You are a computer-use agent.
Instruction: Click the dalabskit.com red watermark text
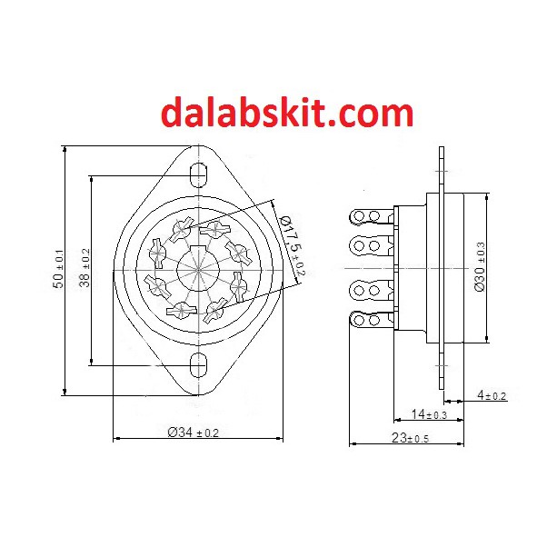(287, 114)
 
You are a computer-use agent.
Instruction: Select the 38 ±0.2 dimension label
(85, 270)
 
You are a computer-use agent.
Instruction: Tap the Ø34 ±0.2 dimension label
(193, 433)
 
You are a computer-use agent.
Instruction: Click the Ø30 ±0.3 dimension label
(481, 266)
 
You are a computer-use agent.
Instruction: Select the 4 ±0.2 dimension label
(492, 395)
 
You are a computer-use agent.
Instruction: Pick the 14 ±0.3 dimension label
(429, 414)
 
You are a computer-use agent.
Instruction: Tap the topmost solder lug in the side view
(372, 216)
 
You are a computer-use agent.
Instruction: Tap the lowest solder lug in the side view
(372, 321)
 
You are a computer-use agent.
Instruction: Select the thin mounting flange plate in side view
(442, 268)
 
